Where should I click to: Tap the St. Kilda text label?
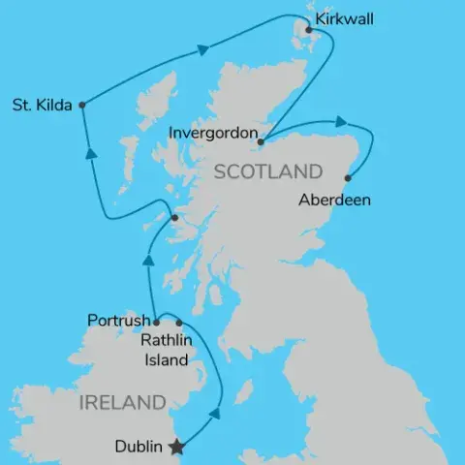42,105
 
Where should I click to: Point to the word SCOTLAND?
267,172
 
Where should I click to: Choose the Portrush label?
118,321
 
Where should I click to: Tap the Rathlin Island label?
167,349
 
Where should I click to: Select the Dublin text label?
139,448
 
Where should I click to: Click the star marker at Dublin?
176,448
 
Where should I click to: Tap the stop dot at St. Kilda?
82,105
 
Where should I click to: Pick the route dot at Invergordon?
260,142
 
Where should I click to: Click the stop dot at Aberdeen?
348,178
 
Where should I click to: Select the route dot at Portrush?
157,321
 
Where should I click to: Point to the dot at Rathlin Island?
179,323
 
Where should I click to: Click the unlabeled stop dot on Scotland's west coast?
173,219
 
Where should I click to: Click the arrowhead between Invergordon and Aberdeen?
341,122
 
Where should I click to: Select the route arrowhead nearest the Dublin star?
215,413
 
